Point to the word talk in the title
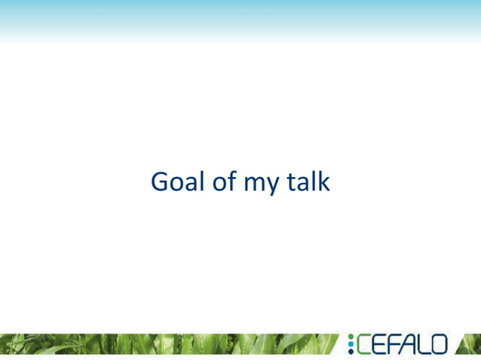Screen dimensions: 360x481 coord(308,182)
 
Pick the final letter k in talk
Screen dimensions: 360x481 coord(323,182)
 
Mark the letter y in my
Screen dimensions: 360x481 coord(273,185)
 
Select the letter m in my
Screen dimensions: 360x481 coord(255,184)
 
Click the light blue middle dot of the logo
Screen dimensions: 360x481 coord(351,344)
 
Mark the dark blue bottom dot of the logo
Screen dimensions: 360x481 coord(351,352)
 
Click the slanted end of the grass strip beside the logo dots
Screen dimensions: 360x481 coord(335,343)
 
